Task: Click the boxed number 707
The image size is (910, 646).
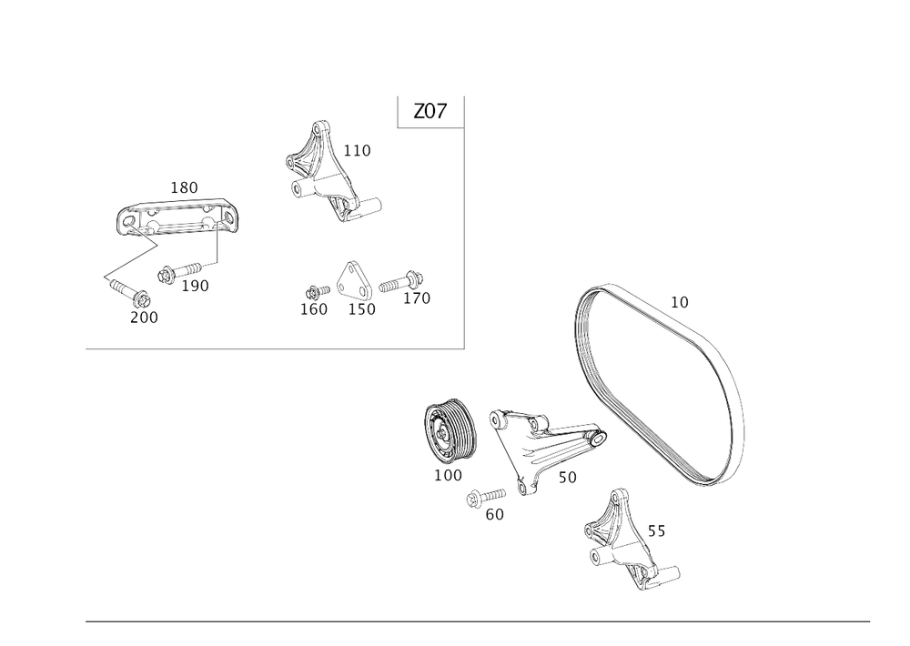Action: coord(430,112)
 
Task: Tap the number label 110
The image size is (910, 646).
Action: coord(359,150)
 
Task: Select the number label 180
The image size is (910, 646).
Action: coord(185,187)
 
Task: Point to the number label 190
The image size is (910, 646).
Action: coord(195,286)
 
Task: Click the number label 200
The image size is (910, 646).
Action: coord(143,317)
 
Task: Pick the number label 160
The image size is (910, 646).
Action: coord(314,308)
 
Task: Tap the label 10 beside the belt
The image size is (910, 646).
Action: coord(680,301)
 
